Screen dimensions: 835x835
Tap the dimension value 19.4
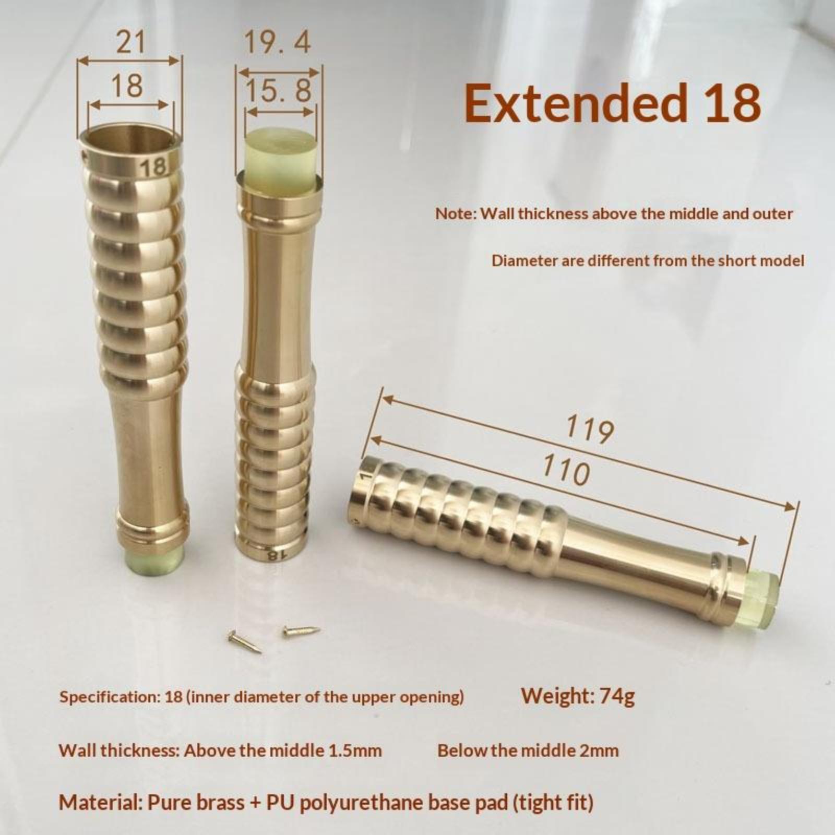pos(277,42)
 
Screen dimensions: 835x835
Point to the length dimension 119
pos(590,429)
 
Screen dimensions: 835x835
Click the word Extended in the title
pos(575,102)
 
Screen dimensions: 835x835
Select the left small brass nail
pos(244,641)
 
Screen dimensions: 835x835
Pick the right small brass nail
pos(301,631)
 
